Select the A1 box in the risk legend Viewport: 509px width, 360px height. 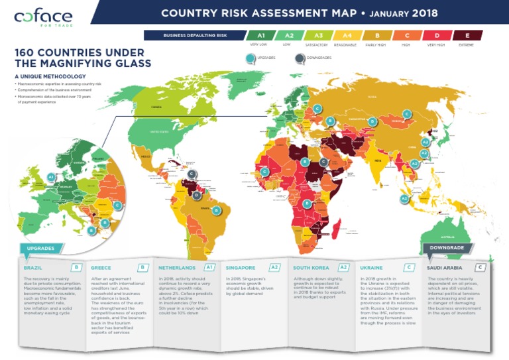[x=261, y=36]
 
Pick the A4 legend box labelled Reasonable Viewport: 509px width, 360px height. [x=347, y=36]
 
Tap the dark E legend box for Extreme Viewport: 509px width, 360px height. [x=468, y=36]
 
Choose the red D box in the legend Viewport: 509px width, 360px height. [x=437, y=36]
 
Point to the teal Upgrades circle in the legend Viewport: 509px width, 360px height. [x=250, y=58]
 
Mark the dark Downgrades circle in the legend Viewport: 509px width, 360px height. [x=300, y=58]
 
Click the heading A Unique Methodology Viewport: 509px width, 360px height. [x=49, y=77]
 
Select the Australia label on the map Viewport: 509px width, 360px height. [x=441, y=238]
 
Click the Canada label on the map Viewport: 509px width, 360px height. [x=156, y=106]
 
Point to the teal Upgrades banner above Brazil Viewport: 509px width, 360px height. [x=42, y=249]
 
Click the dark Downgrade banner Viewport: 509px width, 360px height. [x=447, y=247]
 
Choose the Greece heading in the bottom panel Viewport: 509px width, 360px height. [x=101, y=268]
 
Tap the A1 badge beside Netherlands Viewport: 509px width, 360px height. [x=210, y=267]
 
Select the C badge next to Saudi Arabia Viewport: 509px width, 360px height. [x=481, y=267]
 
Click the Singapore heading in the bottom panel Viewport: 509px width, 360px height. [x=240, y=268]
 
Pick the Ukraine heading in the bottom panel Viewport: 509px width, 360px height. [x=371, y=268]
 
